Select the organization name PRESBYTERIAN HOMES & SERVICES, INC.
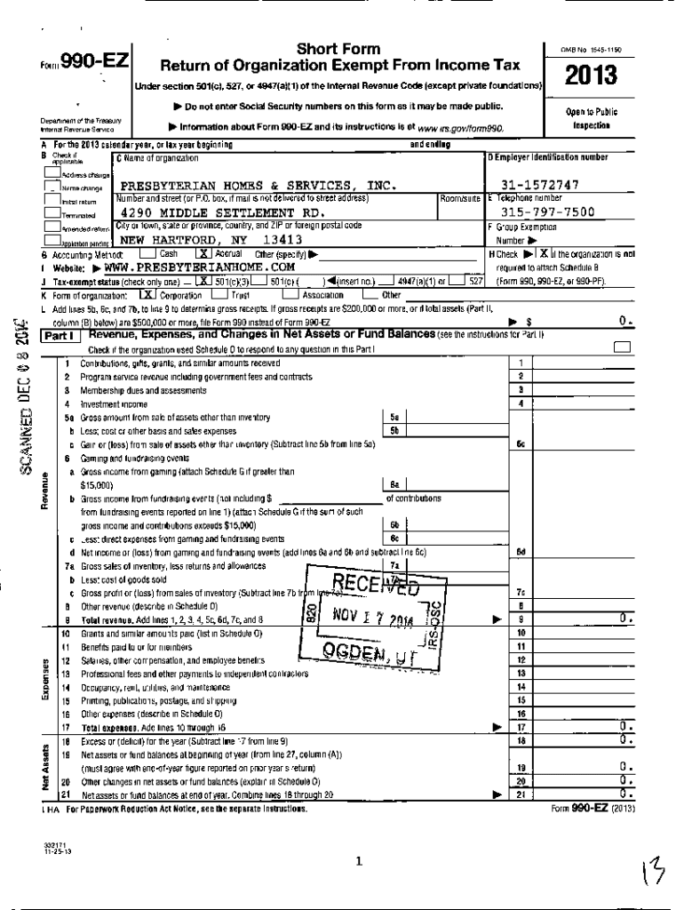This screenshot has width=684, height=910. tap(258, 185)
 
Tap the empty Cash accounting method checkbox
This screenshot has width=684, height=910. tap(148, 253)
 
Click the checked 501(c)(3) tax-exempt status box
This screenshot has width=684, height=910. tap(205, 279)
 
